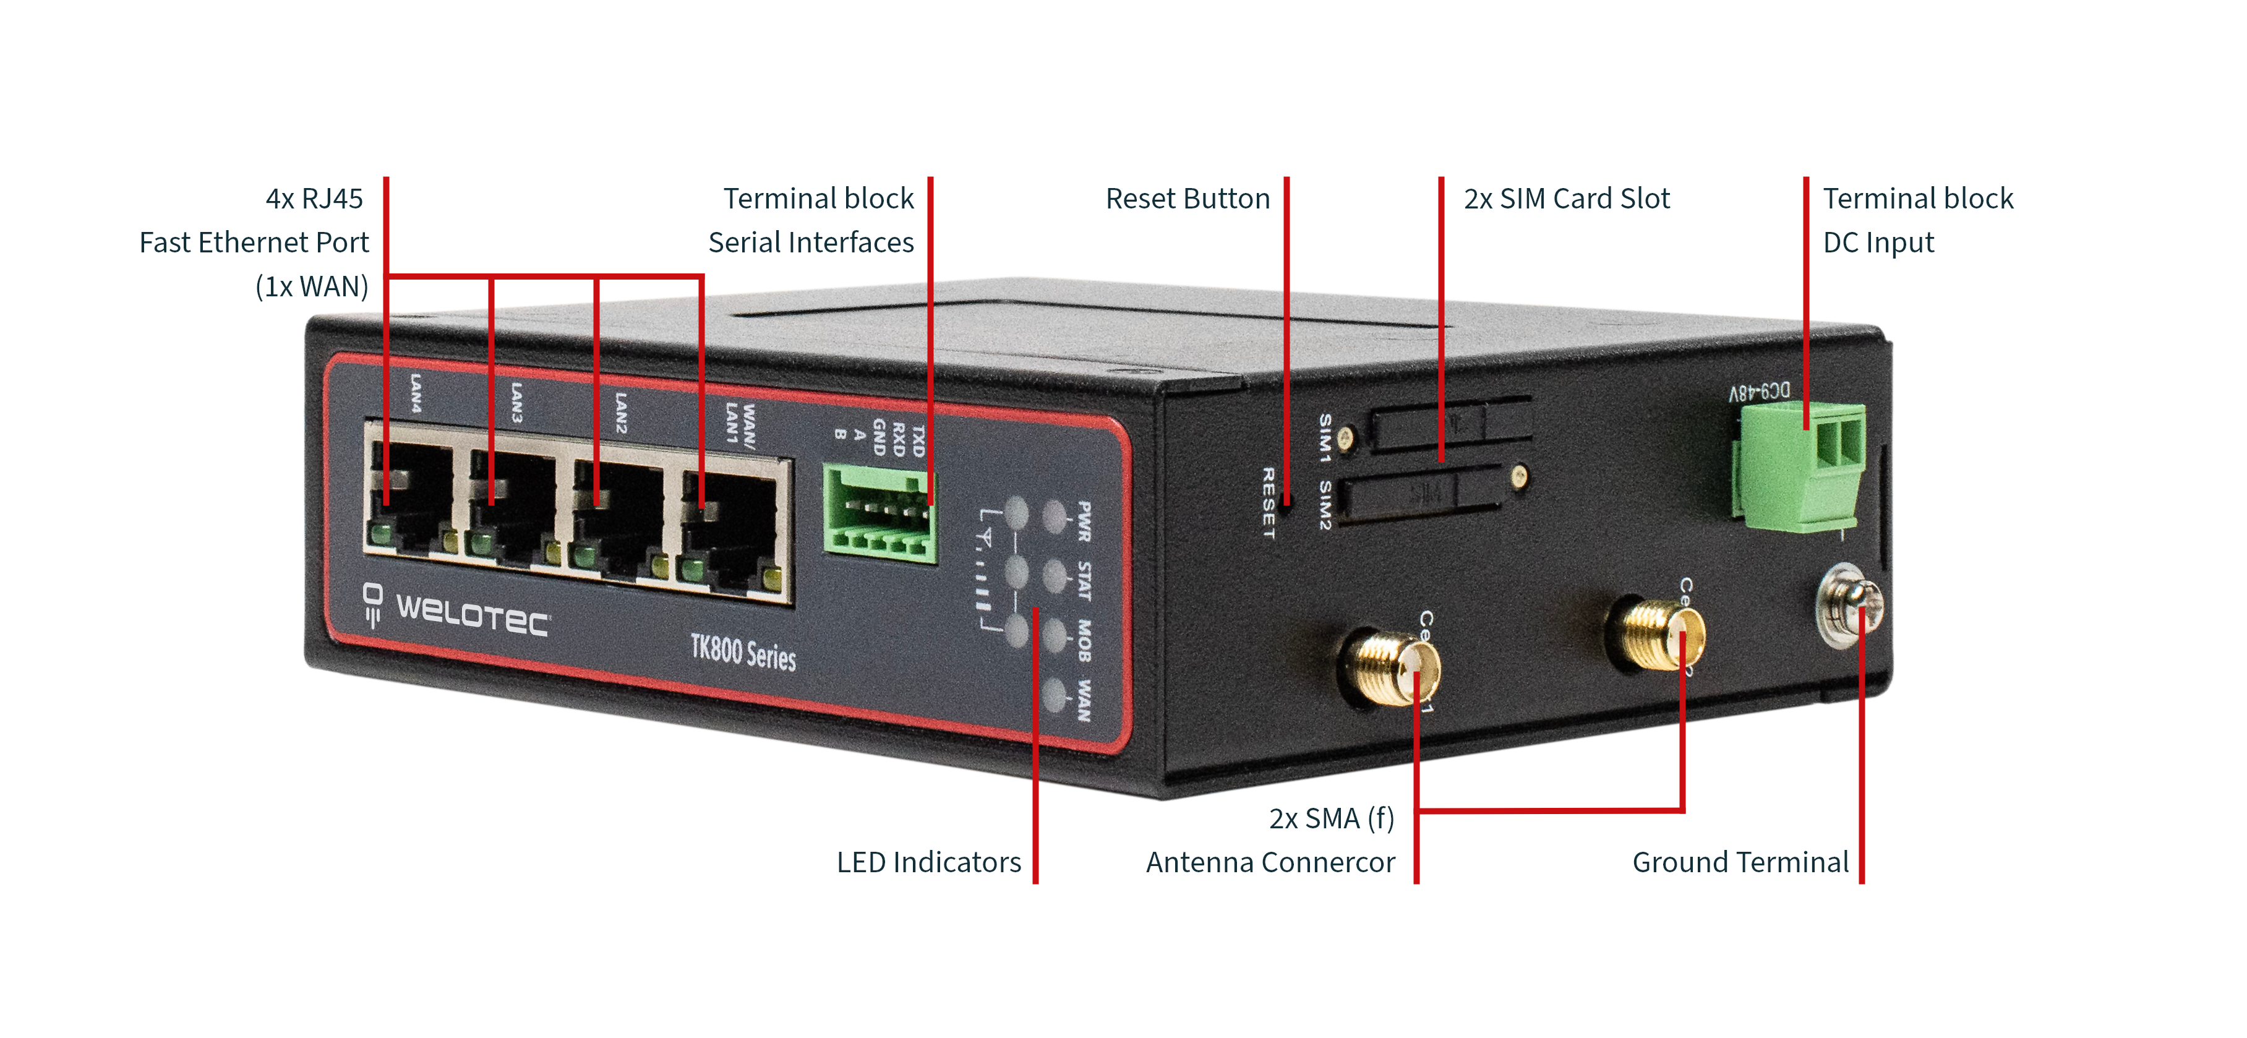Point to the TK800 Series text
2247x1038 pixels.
coord(743,653)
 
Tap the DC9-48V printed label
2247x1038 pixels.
coord(1758,393)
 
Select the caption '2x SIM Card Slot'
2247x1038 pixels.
coord(1567,199)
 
